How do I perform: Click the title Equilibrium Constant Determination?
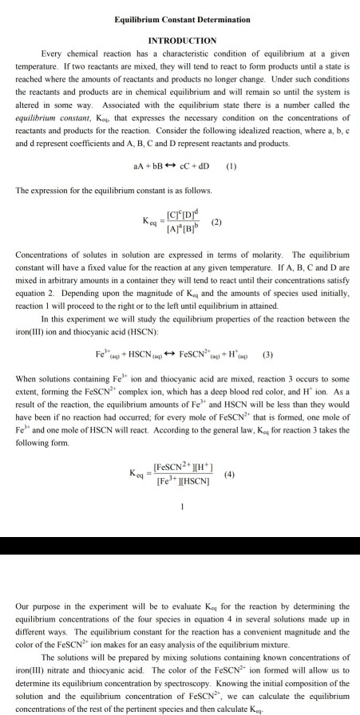182,18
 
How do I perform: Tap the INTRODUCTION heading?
182,40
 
